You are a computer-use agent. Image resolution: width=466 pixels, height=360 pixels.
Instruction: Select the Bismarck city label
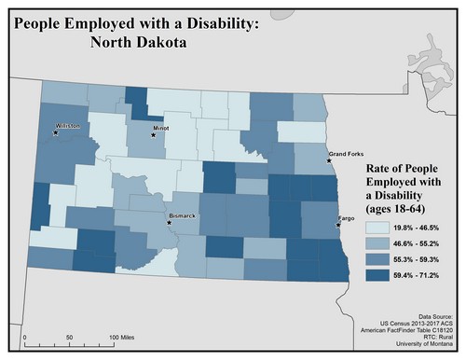point(182,216)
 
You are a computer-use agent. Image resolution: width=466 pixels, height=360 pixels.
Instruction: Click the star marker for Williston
point(56,132)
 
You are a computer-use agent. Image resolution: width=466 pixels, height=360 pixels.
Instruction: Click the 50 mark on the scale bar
point(69,336)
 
